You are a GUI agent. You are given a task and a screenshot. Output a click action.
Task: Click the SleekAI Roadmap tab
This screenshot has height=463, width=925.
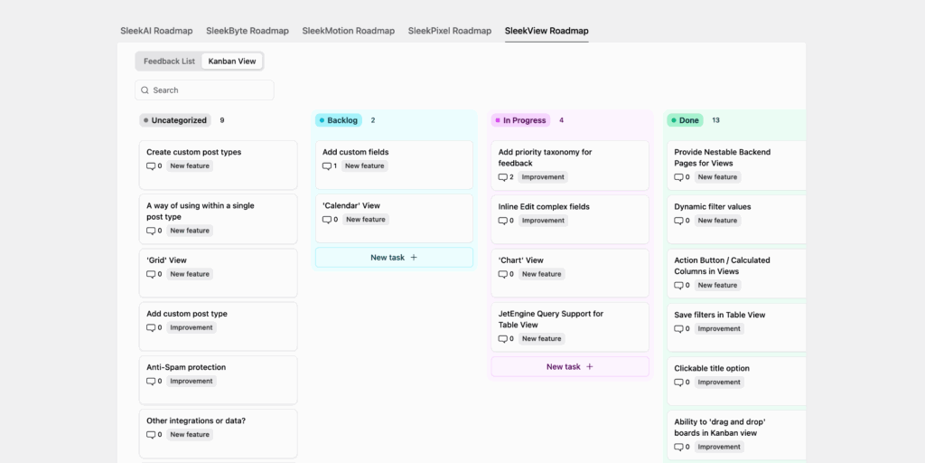(156, 31)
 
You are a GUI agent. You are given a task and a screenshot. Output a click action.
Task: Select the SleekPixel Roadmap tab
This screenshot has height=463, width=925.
(449, 31)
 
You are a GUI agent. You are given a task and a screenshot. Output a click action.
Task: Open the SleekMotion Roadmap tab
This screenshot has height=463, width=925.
(348, 31)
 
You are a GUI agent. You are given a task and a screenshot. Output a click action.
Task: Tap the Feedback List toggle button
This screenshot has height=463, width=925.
(169, 61)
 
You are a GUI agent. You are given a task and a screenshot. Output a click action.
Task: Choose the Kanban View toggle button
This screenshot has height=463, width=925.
(232, 61)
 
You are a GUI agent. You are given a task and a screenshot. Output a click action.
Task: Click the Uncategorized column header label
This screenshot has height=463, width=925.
(178, 120)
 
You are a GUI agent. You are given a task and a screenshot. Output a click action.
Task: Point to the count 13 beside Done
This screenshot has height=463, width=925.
(715, 120)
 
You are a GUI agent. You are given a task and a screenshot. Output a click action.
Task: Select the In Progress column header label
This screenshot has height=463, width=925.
(524, 120)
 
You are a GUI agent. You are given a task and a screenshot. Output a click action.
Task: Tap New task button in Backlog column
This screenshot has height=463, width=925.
(394, 258)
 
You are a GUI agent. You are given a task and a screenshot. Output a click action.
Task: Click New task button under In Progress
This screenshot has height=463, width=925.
(570, 366)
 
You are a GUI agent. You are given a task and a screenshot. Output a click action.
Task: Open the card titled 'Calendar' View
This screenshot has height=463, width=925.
(351, 206)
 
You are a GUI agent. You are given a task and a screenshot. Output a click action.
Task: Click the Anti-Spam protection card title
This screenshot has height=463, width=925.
(186, 367)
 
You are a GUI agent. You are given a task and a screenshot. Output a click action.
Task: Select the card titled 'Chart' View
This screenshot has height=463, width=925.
(521, 260)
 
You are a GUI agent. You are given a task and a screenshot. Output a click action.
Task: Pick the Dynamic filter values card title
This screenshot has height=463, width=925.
(712, 206)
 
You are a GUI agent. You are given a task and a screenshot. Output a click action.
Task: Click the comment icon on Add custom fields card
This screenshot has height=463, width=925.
(328, 166)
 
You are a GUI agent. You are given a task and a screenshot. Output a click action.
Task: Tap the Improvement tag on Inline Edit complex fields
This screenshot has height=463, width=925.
(543, 221)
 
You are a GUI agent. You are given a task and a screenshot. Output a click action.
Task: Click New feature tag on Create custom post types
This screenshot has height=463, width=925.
(190, 166)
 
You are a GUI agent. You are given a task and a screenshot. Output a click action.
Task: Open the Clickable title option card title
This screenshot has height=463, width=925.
(712, 368)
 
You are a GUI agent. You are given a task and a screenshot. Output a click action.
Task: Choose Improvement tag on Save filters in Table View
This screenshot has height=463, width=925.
(719, 329)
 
